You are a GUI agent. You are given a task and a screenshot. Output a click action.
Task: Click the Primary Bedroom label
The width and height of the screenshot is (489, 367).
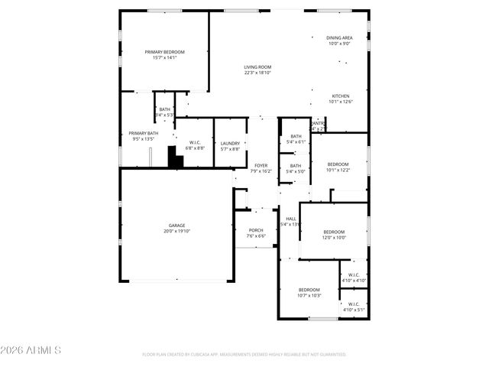click(165, 54)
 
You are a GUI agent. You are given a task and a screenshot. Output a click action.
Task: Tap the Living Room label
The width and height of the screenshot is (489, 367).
click(257, 70)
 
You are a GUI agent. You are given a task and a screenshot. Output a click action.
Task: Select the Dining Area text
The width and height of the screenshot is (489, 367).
click(339, 41)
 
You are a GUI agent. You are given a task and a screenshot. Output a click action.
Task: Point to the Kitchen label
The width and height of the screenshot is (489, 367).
click(340, 99)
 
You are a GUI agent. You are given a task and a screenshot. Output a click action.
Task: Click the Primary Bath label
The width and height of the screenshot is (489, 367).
click(142, 136)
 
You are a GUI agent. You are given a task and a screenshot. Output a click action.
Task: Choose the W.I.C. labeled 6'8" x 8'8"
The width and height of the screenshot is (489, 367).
click(194, 145)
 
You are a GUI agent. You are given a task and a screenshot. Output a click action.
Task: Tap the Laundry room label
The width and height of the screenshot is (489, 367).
click(230, 145)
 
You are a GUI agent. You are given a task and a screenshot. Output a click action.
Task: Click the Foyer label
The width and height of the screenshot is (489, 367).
click(261, 168)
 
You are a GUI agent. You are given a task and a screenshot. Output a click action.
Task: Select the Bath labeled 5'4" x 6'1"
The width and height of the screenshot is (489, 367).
click(295, 138)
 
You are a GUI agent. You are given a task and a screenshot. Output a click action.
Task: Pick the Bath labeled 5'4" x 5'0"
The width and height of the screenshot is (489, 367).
click(295, 168)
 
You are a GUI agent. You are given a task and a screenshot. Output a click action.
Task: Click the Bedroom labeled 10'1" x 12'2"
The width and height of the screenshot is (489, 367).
click(338, 167)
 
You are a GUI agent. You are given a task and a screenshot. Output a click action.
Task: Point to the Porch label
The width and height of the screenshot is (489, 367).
click(256, 232)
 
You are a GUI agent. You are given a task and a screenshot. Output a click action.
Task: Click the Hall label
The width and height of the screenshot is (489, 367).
click(290, 221)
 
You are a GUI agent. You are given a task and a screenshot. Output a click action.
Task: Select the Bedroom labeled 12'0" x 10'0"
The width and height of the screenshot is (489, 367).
click(333, 234)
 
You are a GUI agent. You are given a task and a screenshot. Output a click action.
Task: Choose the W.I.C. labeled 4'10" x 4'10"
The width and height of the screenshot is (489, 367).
click(354, 278)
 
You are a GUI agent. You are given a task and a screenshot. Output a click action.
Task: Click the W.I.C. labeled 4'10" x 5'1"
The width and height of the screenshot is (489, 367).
click(354, 306)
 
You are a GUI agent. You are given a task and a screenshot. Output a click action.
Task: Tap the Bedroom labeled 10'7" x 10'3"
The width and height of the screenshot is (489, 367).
click(309, 292)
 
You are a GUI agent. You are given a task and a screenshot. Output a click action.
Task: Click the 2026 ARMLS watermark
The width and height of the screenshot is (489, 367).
click(31, 350)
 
